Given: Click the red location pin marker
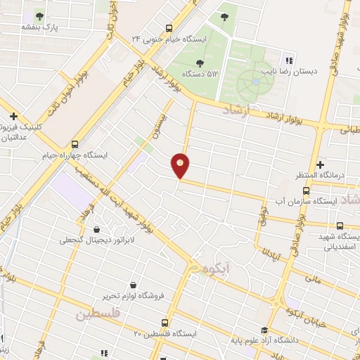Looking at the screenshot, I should click(181, 165).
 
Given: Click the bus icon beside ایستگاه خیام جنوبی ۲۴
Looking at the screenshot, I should click(168, 28).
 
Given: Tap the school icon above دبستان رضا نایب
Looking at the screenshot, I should click(288, 59).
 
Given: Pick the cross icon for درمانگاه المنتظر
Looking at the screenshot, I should click(320, 164).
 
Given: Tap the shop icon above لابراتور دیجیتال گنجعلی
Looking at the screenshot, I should click(96, 229).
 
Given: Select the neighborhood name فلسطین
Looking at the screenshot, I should click(98, 315).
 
